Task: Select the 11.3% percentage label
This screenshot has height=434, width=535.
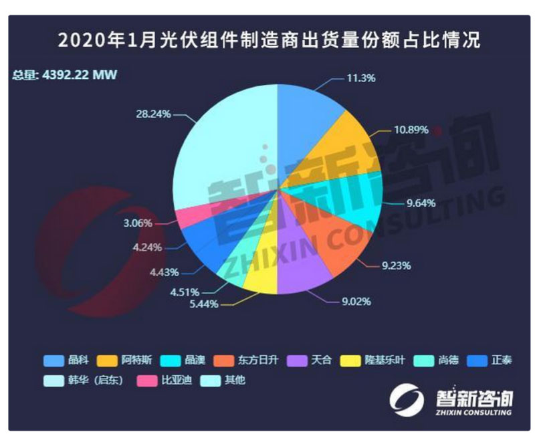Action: [x=360, y=78]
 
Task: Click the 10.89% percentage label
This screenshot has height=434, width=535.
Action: [x=408, y=130]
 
